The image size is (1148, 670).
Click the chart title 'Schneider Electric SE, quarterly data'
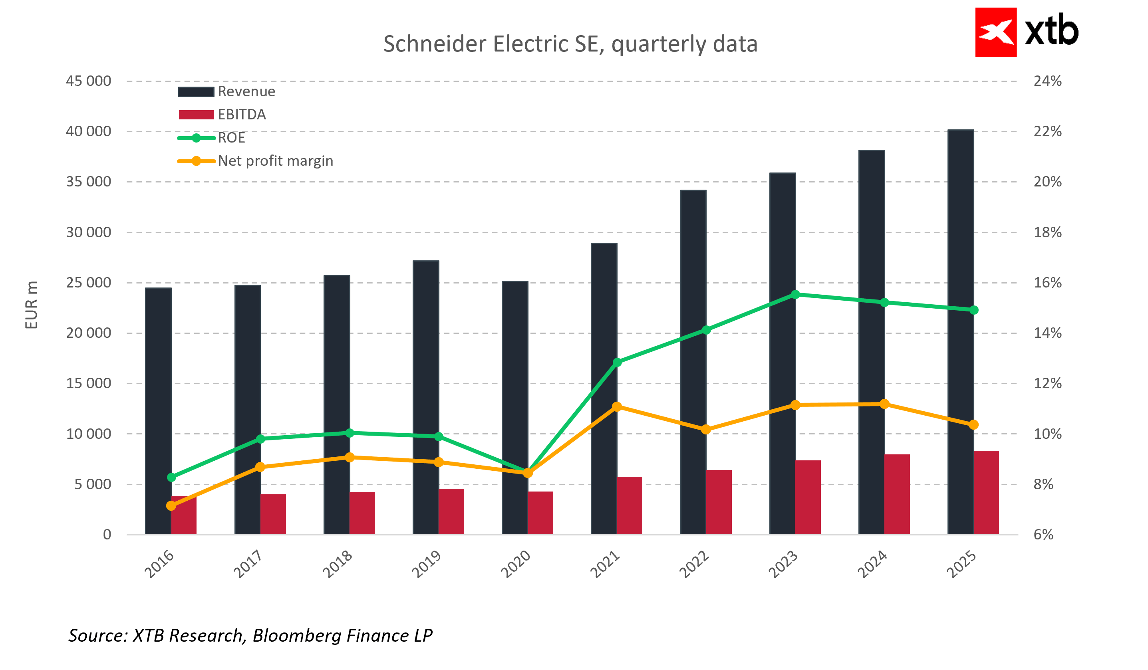(x=570, y=44)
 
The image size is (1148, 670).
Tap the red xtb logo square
(x=995, y=32)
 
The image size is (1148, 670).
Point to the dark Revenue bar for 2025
(x=960, y=333)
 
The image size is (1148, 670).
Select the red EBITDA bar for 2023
(x=808, y=498)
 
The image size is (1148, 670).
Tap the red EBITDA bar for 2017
(x=273, y=514)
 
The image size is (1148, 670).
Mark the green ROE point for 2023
(x=795, y=295)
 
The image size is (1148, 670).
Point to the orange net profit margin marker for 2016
(x=171, y=505)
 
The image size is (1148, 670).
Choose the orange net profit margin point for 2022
(x=706, y=430)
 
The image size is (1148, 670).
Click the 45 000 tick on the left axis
(x=88, y=81)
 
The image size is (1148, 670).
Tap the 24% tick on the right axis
(x=1047, y=81)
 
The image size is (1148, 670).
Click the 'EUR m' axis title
(x=31, y=305)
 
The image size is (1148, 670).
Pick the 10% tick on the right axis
(x=1047, y=434)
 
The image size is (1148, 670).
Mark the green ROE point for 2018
(x=350, y=433)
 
